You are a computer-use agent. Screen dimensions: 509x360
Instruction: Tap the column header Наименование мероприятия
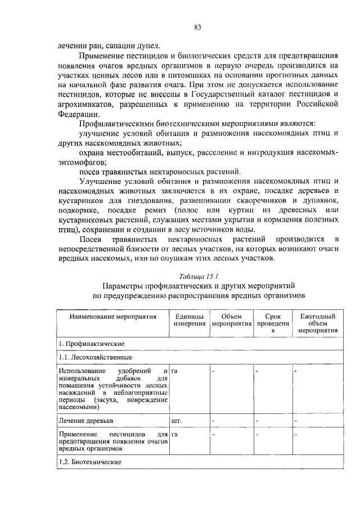click(112, 317)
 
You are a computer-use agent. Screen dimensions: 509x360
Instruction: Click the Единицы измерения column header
click(190, 321)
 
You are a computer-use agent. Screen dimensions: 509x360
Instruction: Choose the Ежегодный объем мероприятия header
click(318, 323)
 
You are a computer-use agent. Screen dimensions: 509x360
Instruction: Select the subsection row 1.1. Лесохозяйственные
click(96, 357)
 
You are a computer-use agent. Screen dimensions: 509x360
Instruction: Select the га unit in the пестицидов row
click(175, 435)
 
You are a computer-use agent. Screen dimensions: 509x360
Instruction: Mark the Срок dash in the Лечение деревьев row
click(257, 420)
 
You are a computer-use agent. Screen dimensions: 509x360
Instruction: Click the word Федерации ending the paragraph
click(79, 112)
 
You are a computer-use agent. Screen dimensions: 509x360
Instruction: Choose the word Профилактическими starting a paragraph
click(115, 123)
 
